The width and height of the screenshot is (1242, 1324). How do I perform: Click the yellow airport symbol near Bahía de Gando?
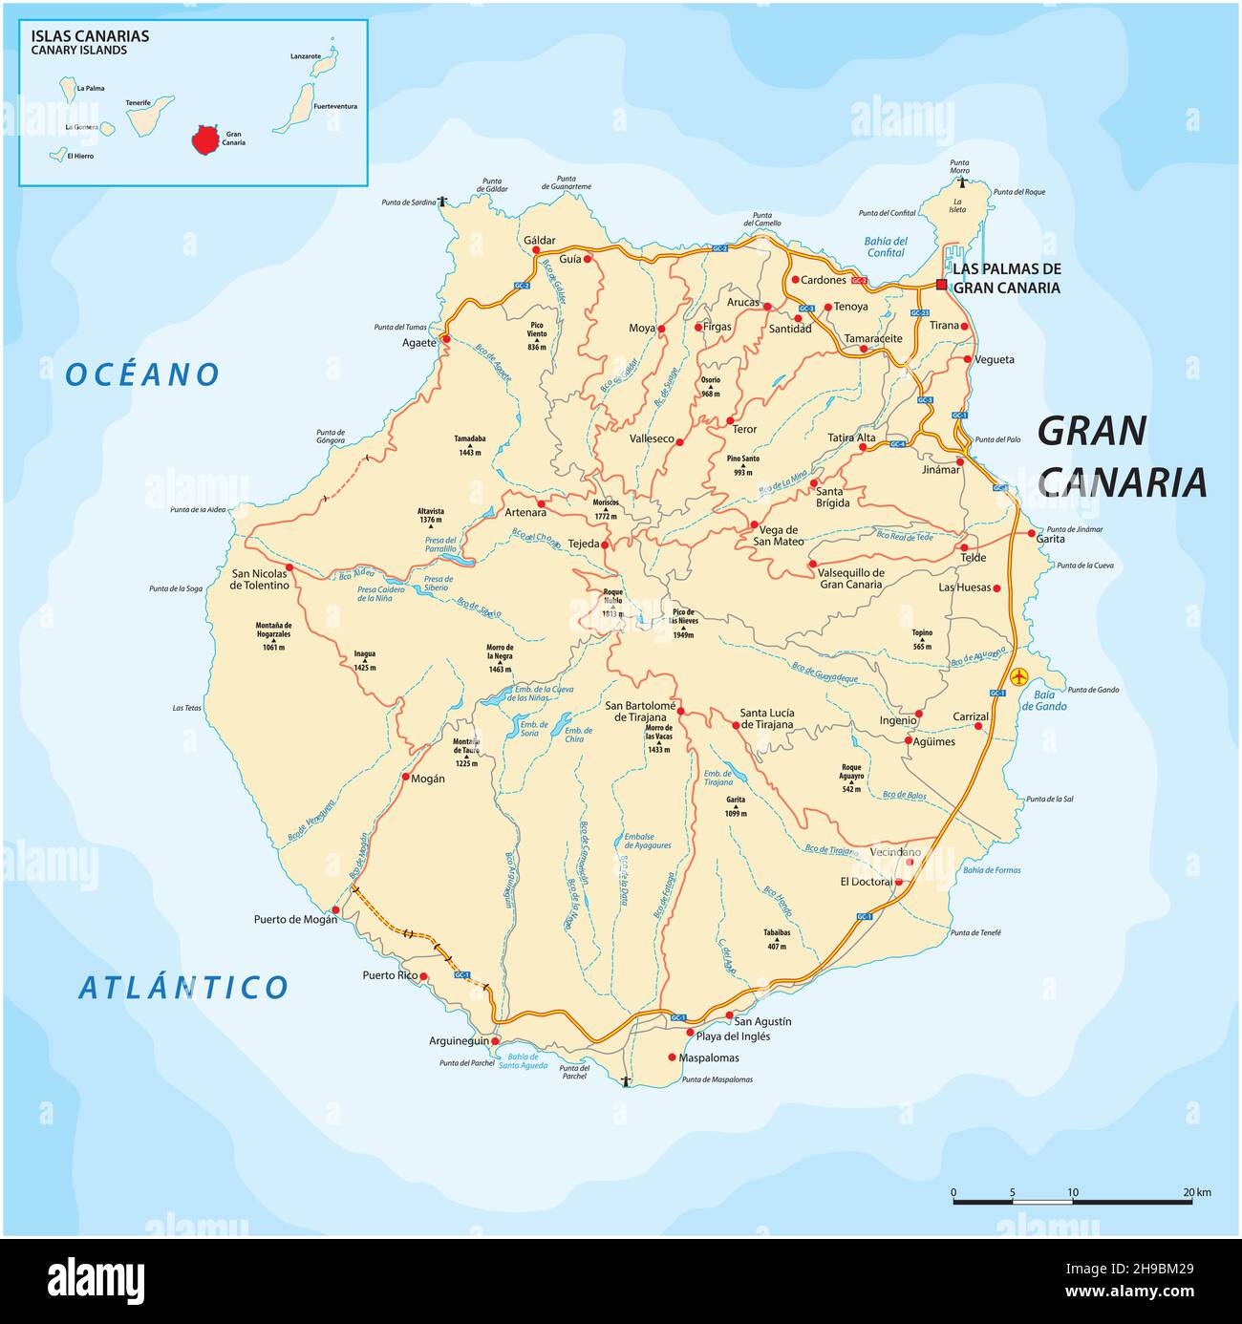pos(1019,676)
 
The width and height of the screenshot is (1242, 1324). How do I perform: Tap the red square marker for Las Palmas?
pos(941,285)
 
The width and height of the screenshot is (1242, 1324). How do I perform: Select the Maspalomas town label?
pos(709,1057)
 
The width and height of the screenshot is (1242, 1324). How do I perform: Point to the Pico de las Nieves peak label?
pos(682,623)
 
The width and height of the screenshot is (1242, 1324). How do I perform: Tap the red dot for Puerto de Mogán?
pos(335,909)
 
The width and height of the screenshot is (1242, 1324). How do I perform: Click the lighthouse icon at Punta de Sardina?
pos(442,202)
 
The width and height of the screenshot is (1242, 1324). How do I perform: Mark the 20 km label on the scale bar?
pos(1196,1192)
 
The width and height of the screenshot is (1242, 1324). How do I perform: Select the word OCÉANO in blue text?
pos(142,375)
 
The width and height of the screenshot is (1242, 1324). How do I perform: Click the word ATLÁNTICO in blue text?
pos(182,988)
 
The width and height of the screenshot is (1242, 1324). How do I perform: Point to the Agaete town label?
pos(418,342)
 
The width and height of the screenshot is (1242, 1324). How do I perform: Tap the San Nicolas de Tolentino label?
pos(259,580)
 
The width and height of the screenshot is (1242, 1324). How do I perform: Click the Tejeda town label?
pos(583,544)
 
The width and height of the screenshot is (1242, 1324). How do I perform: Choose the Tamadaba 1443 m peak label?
pos(470,444)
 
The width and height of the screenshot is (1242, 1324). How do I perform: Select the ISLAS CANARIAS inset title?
pos(90,36)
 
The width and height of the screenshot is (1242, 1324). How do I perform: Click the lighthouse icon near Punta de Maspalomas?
pos(626,1081)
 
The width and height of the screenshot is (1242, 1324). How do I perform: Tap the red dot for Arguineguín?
pos(495,1040)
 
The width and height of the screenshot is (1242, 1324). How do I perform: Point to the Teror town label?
pos(743,429)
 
